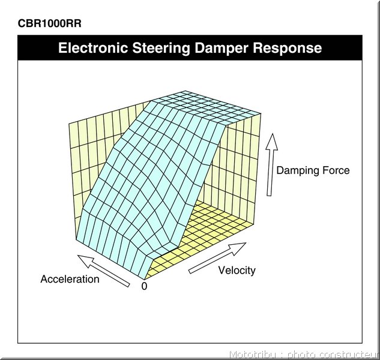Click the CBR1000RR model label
point(49,23)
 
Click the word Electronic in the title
point(93,48)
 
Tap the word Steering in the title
point(161,49)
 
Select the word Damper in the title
point(222,49)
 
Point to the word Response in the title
point(288,49)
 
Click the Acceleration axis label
point(70,279)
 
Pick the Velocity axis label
point(237,271)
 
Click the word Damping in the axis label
point(297,170)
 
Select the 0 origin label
point(144,286)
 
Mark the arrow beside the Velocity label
point(217,258)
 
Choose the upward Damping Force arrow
point(271,164)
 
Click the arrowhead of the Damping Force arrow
point(272,142)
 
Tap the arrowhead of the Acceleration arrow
point(85,260)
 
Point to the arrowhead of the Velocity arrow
point(239,248)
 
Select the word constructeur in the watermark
point(349,355)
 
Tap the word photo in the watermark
point(302,355)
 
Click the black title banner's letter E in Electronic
point(62,48)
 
